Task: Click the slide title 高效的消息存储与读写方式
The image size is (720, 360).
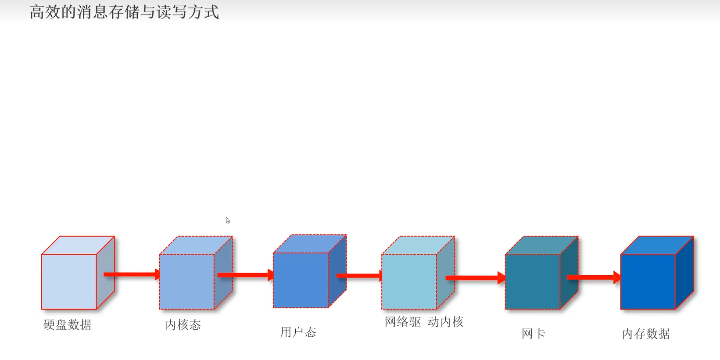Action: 124,12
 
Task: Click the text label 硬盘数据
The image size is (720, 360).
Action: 68,325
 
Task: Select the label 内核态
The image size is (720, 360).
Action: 183,325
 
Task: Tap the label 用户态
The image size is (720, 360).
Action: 298,332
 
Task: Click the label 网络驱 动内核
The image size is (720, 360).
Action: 424,322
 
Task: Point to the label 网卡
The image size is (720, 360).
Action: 533,334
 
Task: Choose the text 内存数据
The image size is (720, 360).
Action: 646,334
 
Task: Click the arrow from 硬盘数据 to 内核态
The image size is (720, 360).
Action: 132,274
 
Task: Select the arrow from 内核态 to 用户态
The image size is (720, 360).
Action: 245,275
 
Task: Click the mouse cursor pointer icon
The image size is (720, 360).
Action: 228,220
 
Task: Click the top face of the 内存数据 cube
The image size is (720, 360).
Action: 657,245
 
